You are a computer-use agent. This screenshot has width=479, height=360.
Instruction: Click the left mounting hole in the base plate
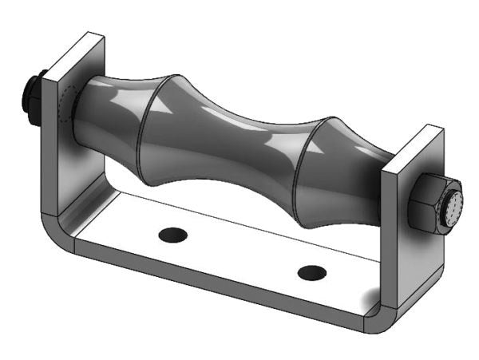point(172,235)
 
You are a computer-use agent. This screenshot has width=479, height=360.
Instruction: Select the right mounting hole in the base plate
point(311,272)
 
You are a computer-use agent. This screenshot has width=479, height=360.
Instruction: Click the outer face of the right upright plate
point(423,255)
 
